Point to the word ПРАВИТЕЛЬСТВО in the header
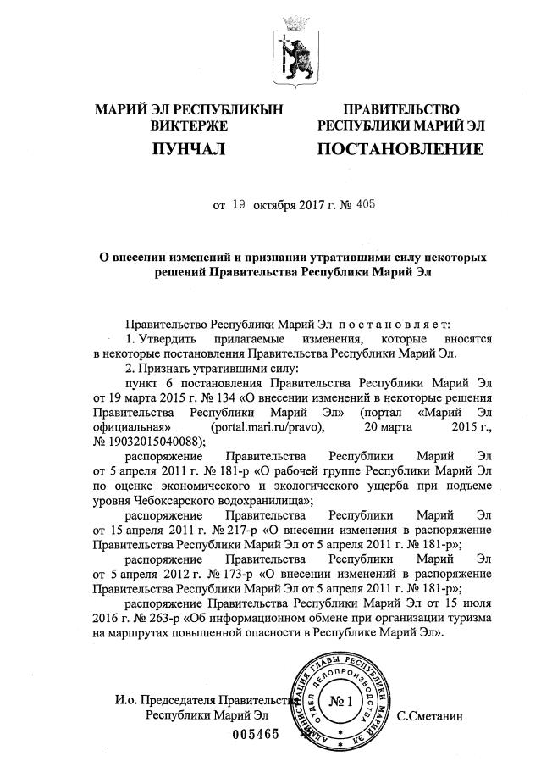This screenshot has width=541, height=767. point(400,109)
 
